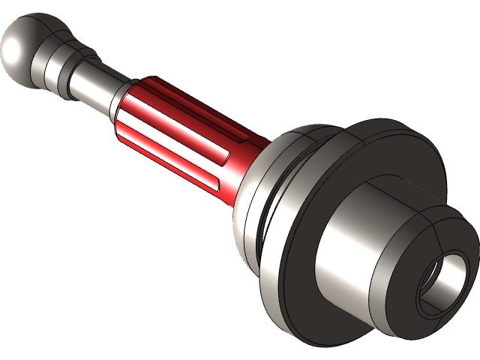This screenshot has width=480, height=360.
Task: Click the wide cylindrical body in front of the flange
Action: tap(352, 240)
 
